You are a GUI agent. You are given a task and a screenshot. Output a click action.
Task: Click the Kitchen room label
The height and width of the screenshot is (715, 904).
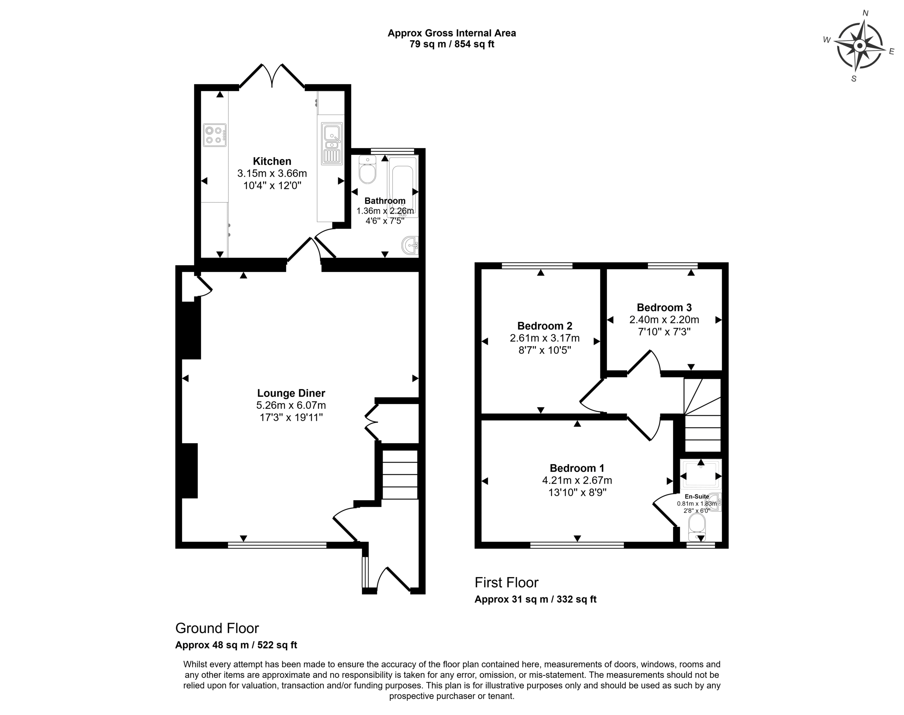pos(272,161)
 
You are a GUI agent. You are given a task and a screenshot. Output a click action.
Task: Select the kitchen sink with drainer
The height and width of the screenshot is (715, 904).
pos(332,143)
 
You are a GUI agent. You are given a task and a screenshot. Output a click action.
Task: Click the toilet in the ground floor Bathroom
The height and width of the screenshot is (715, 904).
pos(367,169)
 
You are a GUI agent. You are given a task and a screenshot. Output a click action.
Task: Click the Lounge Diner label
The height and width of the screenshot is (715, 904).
pos(291,393)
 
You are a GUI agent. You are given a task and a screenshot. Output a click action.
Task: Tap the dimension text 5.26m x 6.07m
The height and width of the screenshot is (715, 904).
pos(291,405)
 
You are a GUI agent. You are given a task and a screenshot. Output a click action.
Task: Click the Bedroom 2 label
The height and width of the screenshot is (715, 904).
pos(545,326)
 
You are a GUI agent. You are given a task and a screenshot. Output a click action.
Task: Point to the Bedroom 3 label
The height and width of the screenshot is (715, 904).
pos(664,308)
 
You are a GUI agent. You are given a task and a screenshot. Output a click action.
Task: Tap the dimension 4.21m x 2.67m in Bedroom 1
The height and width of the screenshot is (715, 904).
pos(577,481)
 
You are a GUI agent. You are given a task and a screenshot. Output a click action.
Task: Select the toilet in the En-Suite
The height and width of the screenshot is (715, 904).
pos(697,527)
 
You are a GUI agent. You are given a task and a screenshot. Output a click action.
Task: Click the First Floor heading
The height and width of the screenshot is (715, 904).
pos(506,582)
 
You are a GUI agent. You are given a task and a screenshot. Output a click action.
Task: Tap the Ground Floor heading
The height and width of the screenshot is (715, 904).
pos(217,628)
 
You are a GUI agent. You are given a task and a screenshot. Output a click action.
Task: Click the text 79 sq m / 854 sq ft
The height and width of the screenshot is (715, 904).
pos(452,44)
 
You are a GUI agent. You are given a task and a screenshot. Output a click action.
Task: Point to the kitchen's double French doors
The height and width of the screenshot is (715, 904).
pos(272,76)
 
